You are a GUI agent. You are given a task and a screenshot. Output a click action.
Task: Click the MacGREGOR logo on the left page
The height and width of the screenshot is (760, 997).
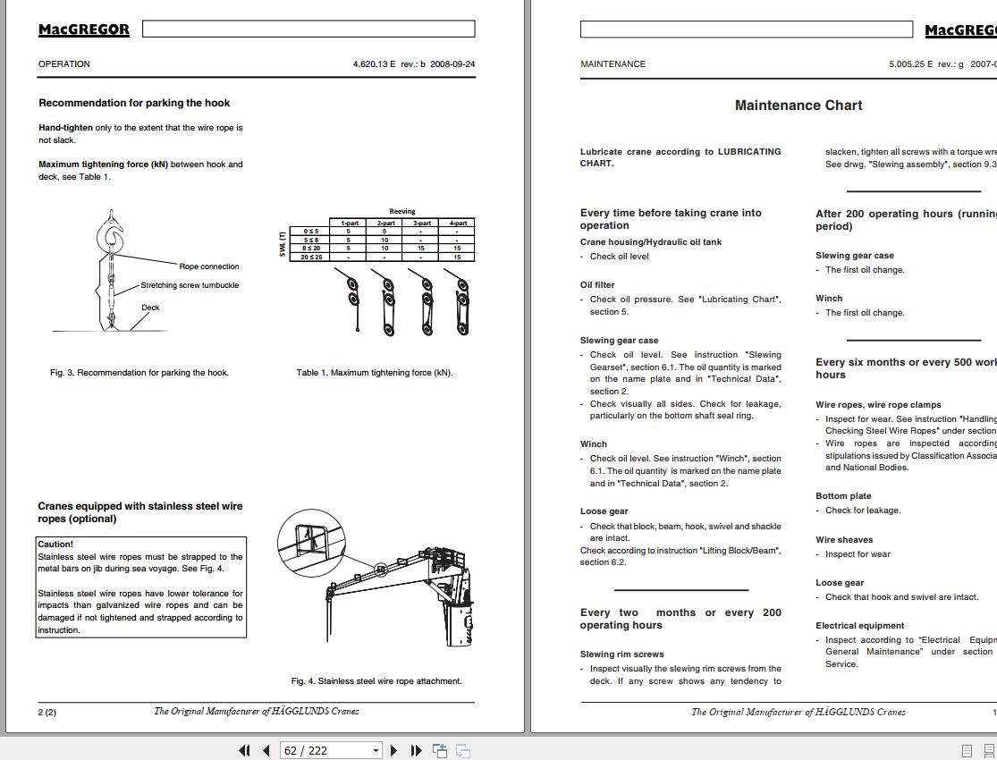tap(83, 30)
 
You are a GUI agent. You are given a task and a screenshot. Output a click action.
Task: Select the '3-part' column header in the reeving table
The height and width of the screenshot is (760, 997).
tap(421, 223)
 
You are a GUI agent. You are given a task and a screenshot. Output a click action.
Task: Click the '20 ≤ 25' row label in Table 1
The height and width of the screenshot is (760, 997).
tap(311, 257)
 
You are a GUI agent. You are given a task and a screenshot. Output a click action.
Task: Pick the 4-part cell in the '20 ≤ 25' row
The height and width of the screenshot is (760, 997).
tap(457, 257)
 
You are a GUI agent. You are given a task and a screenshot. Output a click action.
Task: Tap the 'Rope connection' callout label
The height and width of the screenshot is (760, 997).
tap(209, 266)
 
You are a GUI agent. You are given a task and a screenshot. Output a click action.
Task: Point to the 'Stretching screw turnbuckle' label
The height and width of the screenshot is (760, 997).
tap(190, 285)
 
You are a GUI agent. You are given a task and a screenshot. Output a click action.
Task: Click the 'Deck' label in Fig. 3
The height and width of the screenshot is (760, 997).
tap(150, 308)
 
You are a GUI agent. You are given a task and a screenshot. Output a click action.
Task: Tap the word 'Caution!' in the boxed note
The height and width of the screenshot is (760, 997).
tap(55, 544)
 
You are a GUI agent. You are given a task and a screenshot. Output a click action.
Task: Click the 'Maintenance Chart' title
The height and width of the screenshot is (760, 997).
tap(798, 106)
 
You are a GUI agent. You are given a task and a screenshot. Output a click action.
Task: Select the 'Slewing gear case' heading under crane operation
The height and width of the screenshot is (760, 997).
tap(619, 341)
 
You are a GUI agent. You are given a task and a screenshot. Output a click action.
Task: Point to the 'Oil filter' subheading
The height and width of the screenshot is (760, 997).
tap(597, 285)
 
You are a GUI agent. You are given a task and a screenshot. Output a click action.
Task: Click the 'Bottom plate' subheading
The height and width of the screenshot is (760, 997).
tap(842, 496)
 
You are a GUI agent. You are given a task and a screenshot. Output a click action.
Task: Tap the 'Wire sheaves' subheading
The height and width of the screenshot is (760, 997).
tap(843, 540)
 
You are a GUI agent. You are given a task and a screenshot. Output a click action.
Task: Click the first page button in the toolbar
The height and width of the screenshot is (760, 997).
tap(244, 750)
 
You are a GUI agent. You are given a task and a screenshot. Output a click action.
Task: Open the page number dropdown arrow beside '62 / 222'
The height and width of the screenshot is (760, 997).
tap(376, 751)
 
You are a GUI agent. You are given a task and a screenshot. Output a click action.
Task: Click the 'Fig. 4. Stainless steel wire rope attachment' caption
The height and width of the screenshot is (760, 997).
tap(376, 681)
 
